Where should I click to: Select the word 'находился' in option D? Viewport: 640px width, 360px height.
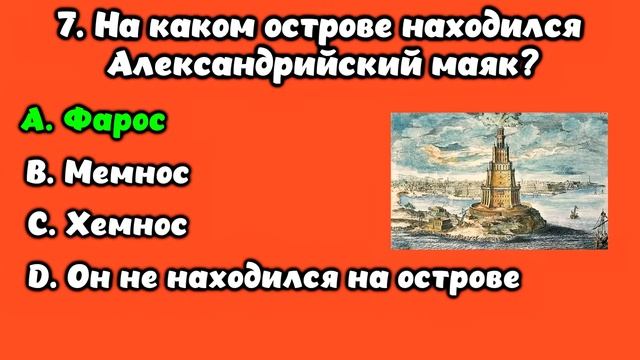click(x=279, y=276)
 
